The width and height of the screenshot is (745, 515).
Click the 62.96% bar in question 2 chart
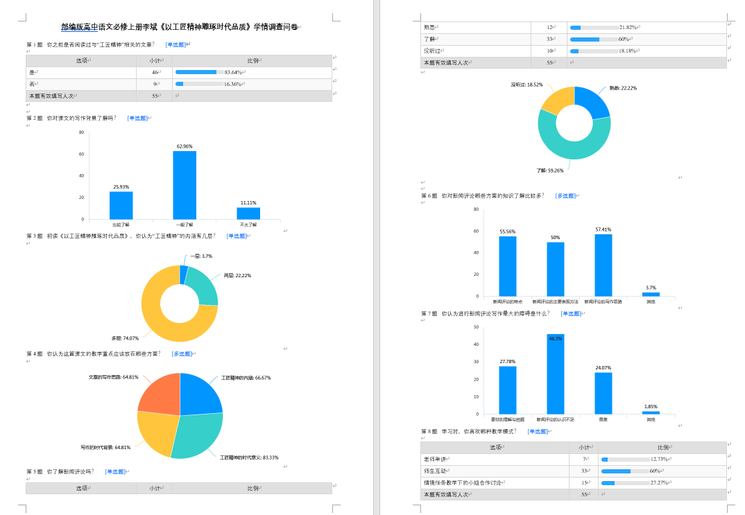[x=185, y=185]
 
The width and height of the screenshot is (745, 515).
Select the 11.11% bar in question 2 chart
[x=248, y=213]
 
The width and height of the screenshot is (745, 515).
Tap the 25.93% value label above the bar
[x=121, y=186]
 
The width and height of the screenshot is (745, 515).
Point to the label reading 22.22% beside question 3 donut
[x=237, y=275]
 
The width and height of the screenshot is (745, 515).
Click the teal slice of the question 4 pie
[x=198, y=435]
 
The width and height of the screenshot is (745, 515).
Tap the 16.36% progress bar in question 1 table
[x=179, y=84]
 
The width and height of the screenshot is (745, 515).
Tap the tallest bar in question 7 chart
[x=555, y=374]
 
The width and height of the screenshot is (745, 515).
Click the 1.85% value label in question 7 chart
[x=651, y=407]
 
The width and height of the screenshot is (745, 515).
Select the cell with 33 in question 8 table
[x=584, y=471]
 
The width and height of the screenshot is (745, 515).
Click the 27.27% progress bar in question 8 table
[x=608, y=482]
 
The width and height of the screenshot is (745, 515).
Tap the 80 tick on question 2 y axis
[x=81, y=132]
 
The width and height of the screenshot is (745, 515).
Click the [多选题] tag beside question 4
[x=182, y=353]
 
